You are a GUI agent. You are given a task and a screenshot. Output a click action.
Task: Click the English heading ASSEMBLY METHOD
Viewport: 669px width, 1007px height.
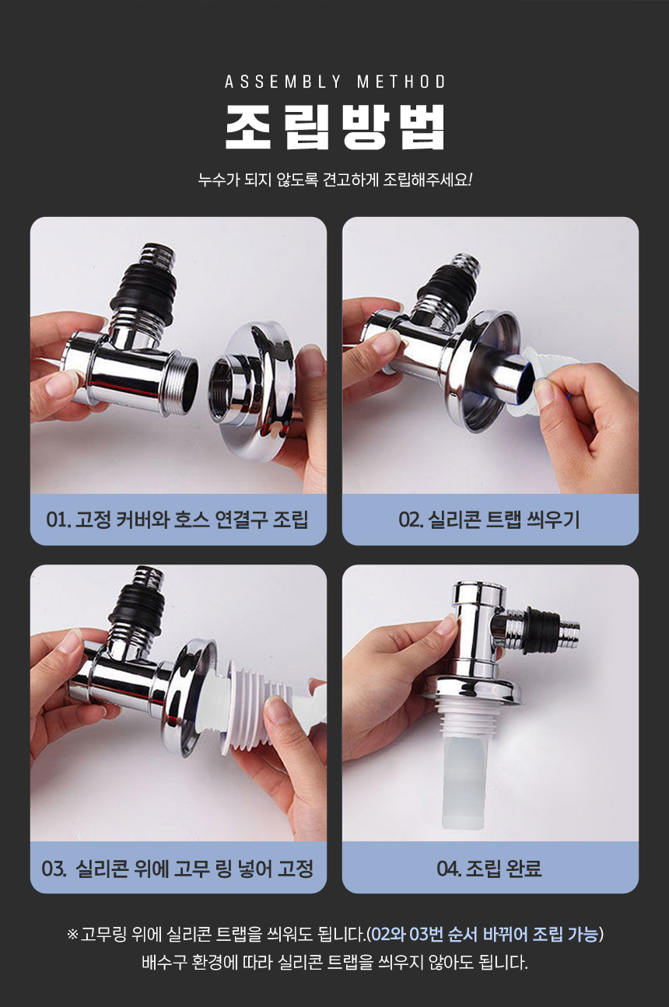point(335,82)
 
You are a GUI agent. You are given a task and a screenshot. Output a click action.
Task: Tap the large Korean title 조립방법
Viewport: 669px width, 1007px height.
point(335,128)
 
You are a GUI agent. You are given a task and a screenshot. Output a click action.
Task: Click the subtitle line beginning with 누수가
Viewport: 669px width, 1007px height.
point(335,180)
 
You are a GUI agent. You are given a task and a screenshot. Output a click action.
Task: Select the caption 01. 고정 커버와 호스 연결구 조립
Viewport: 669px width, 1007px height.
point(177,519)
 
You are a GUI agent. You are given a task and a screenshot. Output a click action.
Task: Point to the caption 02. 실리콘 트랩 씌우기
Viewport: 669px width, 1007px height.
point(489,519)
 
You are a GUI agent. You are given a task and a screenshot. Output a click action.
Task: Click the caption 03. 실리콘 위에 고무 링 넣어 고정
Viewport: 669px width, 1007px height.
point(177,868)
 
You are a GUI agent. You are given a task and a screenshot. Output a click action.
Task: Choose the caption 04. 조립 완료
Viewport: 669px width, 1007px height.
point(489,868)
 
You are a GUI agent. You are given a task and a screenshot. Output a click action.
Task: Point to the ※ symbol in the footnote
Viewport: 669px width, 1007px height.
point(72,935)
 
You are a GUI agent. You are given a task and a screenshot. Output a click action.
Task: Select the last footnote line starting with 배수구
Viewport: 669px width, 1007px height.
point(335,963)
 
